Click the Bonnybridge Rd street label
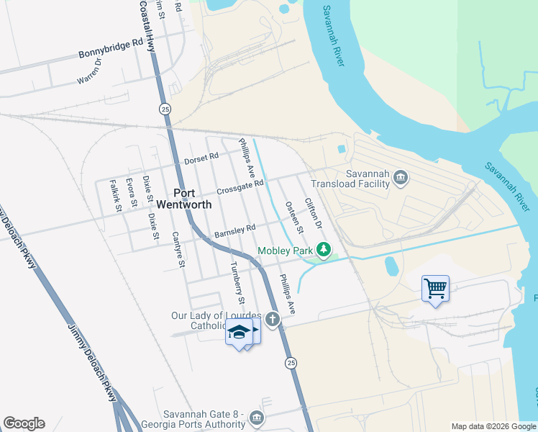point(111,50)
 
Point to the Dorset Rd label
point(201,158)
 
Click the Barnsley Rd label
point(234,231)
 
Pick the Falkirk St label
point(116,196)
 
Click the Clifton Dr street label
point(312,215)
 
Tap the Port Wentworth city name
point(183,198)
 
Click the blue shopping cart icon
point(435,288)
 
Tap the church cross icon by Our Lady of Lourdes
point(272,318)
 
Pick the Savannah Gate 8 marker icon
point(256,418)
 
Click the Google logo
point(24,423)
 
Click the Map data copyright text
point(493,426)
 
